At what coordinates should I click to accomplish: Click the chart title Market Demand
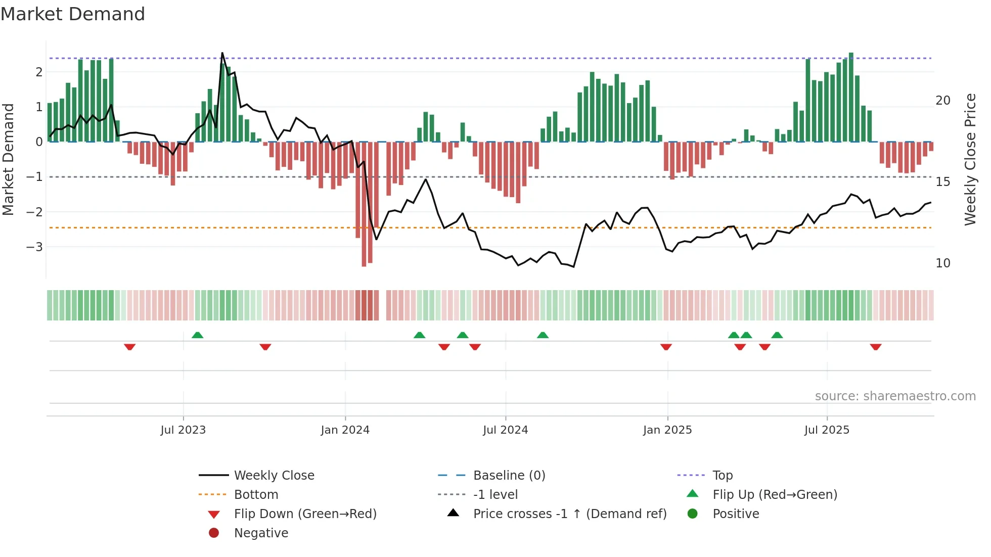coord(73,14)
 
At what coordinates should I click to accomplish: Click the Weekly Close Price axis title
coord(970,159)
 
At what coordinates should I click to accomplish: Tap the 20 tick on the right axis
coord(942,101)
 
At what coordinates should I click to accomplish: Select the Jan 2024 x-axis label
coord(345,430)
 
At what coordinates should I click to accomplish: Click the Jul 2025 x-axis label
coord(827,430)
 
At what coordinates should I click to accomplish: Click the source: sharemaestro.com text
coord(895,396)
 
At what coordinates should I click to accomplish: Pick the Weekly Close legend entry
coord(274,476)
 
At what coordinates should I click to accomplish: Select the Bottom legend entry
coord(256,495)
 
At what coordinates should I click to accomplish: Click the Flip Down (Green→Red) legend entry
coord(305,514)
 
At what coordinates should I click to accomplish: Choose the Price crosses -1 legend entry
coord(569,514)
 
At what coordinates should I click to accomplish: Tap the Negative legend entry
coord(261,533)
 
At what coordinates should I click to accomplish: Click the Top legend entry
coord(722,476)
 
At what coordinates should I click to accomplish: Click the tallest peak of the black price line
coord(222,53)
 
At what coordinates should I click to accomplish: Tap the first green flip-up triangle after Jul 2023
coord(198,335)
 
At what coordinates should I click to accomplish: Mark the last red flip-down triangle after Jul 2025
coord(876,347)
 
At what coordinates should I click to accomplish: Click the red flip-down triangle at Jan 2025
coord(666,347)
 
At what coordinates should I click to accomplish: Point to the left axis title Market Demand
coord(8,159)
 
